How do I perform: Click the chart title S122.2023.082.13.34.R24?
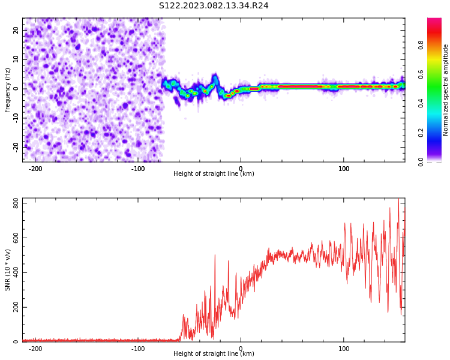214,5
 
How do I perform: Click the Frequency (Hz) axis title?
8,90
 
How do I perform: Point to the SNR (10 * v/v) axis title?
8,270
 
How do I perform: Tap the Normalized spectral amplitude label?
446,90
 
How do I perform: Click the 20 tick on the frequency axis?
16,30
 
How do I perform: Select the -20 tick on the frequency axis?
14,146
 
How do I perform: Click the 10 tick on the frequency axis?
16,59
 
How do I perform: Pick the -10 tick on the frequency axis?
14,118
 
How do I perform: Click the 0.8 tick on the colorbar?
421,44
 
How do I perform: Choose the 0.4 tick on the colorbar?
421,103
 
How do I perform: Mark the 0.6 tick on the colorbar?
421,74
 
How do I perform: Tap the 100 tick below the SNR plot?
344,349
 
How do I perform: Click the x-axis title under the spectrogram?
214,174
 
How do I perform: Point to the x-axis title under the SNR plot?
214,354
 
